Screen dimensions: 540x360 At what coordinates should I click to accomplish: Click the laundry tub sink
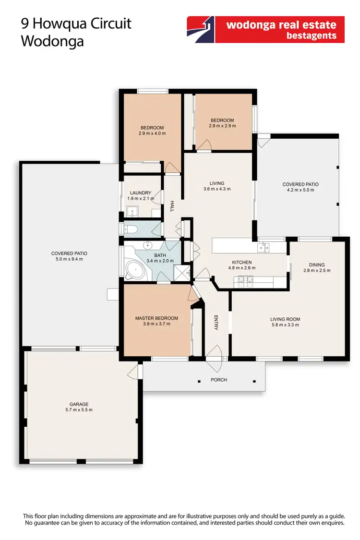click(x=132, y=212)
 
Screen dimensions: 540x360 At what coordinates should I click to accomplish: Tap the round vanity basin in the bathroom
click(x=146, y=245)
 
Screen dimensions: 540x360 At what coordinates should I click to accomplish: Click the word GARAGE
click(x=79, y=404)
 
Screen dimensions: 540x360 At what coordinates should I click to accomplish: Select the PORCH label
click(x=219, y=380)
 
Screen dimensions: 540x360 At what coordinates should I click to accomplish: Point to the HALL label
click(x=171, y=207)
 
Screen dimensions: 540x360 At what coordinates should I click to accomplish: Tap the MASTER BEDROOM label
click(x=156, y=318)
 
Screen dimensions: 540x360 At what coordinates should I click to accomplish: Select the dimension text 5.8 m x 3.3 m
click(x=285, y=325)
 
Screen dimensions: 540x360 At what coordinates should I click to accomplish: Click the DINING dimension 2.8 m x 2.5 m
click(x=317, y=271)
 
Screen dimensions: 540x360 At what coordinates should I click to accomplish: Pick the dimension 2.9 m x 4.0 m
click(x=152, y=133)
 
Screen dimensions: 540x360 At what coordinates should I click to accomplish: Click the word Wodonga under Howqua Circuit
click(x=52, y=41)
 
